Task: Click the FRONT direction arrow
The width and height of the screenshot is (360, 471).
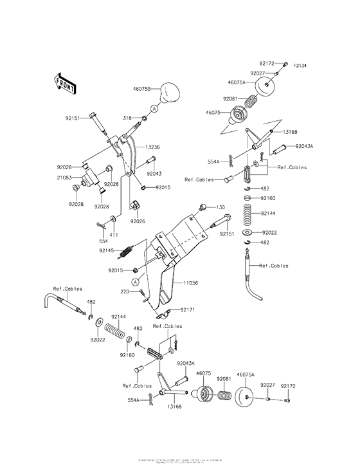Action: (x=65, y=83)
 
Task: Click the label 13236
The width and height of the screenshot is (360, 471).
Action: (x=152, y=147)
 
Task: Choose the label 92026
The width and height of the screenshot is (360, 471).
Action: (x=138, y=221)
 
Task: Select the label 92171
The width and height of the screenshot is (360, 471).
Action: (x=188, y=309)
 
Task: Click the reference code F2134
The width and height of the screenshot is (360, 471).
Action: (x=301, y=66)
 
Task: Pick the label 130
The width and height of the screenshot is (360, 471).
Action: (x=221, y=207)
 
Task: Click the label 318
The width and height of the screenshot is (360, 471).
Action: (x=128, y=118)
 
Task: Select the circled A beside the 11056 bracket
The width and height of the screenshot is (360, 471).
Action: (x=136, y=282)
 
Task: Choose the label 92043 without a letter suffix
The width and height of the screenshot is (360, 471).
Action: (x=154, y=173)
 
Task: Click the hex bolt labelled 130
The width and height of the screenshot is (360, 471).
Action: (x=203, y=207)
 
